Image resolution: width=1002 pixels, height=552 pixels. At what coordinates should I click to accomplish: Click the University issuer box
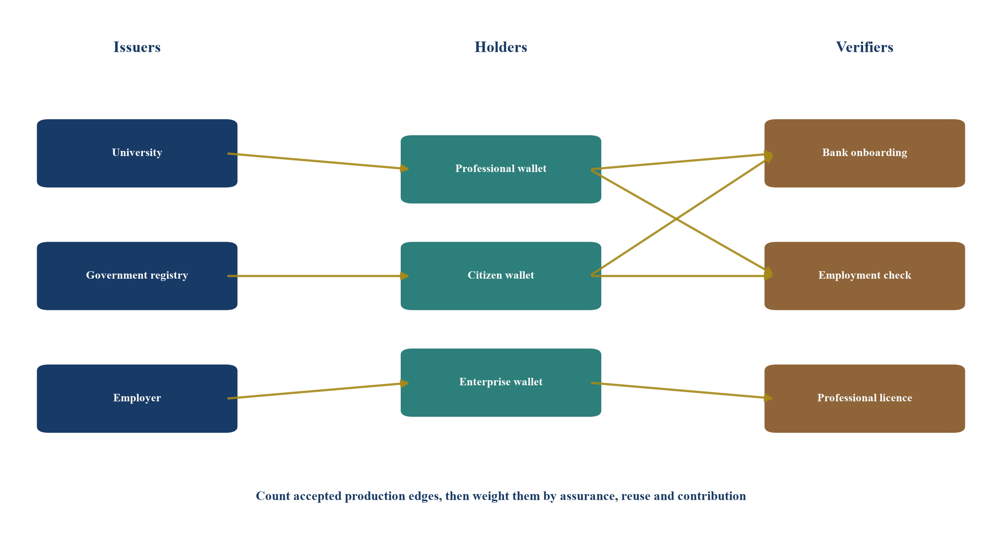pyautogui.click(x=137, y=153)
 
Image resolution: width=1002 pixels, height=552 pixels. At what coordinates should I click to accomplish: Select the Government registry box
pyautogui.click(x=137, y=276)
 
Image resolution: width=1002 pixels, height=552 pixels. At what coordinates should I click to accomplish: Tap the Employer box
pyautogui.click(x=137, y=398)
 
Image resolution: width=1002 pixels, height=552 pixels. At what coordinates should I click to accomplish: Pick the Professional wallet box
pyautogui.click(x=501, y=169)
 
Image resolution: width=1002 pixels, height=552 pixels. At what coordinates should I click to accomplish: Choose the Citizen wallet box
pyautogui.click(x=501, y=276)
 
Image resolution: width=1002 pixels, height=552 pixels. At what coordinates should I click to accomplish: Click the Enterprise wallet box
pyautogui.click(x=501, y=382)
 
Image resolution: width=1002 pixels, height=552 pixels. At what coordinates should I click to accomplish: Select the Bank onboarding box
pyautogui.click(x=865, y=153)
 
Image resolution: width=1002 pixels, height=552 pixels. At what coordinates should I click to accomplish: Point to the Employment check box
pyautogui.click(x=865, y=276)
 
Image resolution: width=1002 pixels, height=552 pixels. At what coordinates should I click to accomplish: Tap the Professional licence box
pyautogui.click(x=865, y=398)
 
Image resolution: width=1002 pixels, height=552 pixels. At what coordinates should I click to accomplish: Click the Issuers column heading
pyautogui.click(x=137, y=47)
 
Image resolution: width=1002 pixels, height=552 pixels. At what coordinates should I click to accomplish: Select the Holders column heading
pyautogui.click(x=501, y=47)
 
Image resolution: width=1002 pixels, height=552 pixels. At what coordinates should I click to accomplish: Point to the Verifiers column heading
pyautogui.click(x=865, y=47)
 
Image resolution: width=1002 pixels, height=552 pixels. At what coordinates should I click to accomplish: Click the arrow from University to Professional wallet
pyautogui.click(x=318, y=161)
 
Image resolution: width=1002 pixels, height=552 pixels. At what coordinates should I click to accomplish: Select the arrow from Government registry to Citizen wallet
pyautogui.click(x=318, y=276)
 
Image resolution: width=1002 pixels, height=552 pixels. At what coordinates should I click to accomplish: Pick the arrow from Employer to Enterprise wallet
pyautogui.click(x=318, y=390)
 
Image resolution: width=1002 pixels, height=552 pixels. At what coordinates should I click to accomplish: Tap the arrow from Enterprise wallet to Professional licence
pyautogui.click(x=682, y=390)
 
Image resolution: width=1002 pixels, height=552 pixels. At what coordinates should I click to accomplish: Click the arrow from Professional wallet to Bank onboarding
pyautogui.click(x=682, y=161)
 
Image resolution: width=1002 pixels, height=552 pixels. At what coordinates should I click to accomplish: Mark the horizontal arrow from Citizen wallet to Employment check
pyautogui.click(x=682, y=276)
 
